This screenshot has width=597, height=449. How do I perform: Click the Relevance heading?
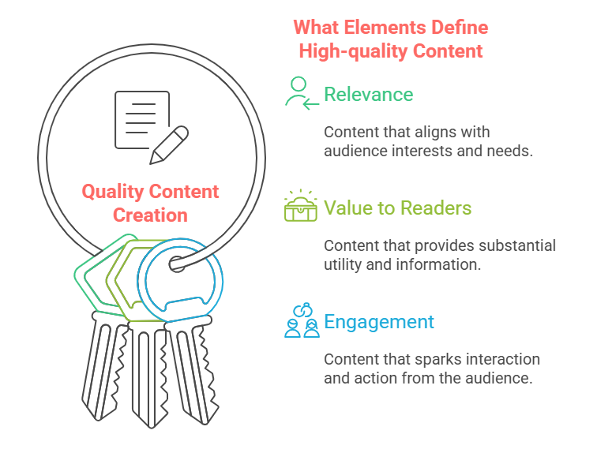[x=368, y=95]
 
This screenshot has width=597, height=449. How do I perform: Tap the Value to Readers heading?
[x=397, y=208]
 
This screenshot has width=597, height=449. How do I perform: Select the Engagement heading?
[x=379, y=322]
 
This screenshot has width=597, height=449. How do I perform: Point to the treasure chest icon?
[x=301, y=207]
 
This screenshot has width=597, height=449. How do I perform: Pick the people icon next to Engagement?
[x=302, y=322]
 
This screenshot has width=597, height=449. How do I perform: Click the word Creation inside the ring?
[x=150, y=215]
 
